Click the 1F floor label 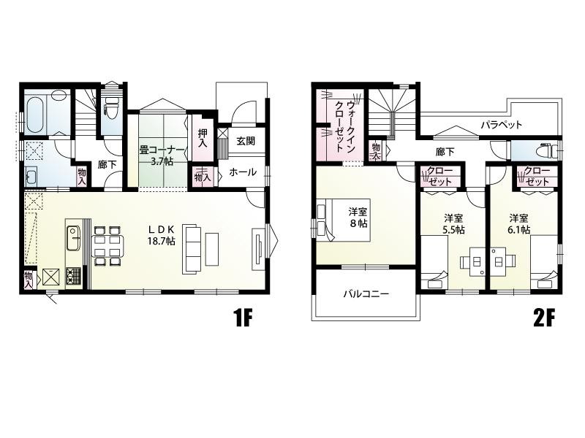pyautogui.click(x=244, y=318)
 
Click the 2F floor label pyautogui.click(x=544, y=318)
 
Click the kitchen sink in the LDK pyautogui.click(x=74, y=239)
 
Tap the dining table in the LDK pyautogui.click(x=107, y=246)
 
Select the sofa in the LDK pyautogui.click(x=192, y=249)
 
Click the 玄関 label pyautogui.click(x=246, y=141)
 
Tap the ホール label pyautogui.click(x=243, y=172)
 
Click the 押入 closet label pyautogui.click(x=203, y=138)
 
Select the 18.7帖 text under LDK pyautogui.click(x=161, y=241)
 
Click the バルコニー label pyautogui.click(x=366, y=294)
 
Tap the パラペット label pyautogui.click(x=501, y=125)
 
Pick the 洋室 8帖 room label pyautogui.click(x=358, y=218)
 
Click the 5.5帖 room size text pyautogui.click(x=453, y=230)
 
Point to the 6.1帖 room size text pyautogui.click(x=519, y=229)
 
